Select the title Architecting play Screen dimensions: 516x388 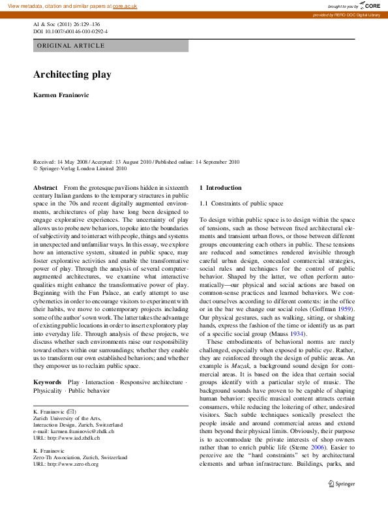(72, 74)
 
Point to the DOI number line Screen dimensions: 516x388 (70, 31)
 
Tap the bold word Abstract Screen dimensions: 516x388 (45, 187)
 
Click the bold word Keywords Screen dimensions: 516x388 (48, 382)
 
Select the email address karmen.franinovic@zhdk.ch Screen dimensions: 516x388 (76, 432)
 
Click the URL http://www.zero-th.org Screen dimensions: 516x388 (66, 464)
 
